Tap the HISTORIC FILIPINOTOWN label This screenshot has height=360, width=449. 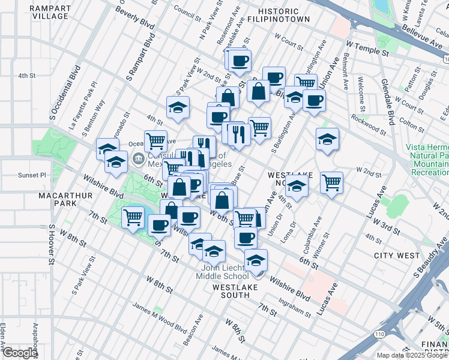click(283, 15)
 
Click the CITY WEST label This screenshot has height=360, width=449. click(397, 256)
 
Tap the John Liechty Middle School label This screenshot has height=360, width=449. click(222, 272)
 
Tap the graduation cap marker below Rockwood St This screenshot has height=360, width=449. click(327, 140)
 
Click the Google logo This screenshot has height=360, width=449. click(20, 353)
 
